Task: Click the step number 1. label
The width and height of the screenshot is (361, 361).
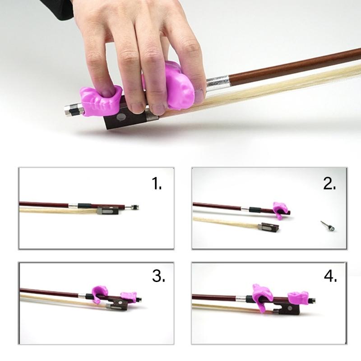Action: tap(157, 184)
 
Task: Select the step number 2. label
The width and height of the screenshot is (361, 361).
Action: tap(329, 184)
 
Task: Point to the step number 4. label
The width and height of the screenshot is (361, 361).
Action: tap(331, 276)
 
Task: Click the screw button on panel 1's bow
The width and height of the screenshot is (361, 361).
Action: tap(134, 207)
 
